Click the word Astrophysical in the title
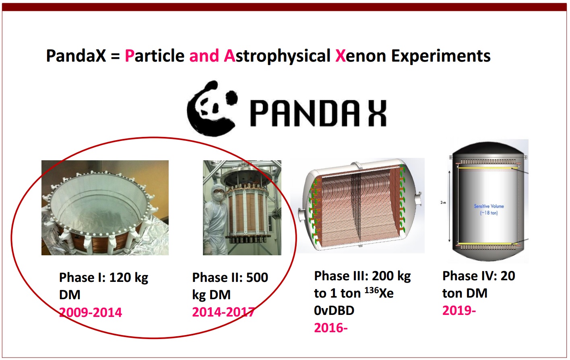click(x=277, y=56)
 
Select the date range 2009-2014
click(x=91, y=312)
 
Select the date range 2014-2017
click(x=223, y=312)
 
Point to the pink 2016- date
click(x=330, y=328)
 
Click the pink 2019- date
click(x=459, y=310)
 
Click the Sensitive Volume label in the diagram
click(x=489, y=206)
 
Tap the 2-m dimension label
click(x=443, y=203)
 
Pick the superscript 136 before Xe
click(x=371, y=290)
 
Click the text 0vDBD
click(x=334, y=310)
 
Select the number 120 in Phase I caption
click(x=120, y=277)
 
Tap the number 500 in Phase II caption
click(x=257, y=277)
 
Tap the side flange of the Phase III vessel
click(x=301, y=214)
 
